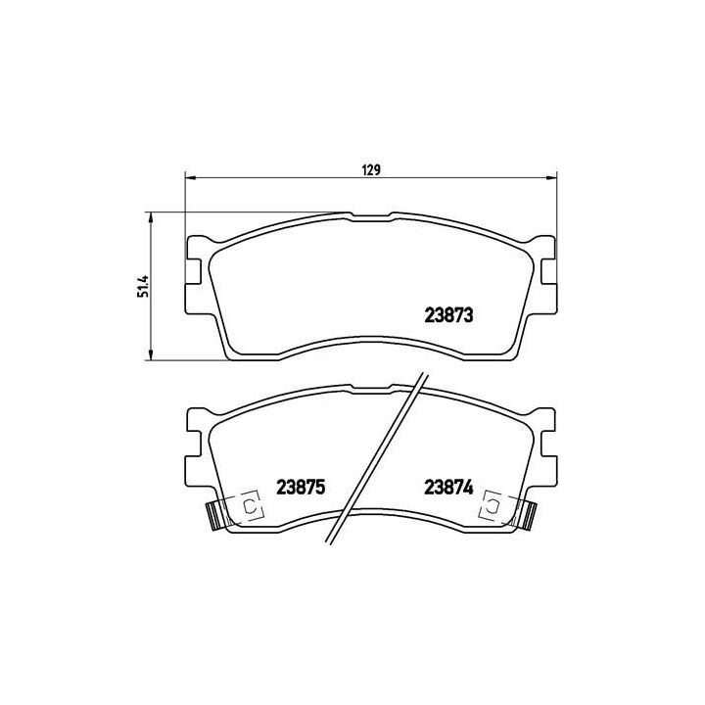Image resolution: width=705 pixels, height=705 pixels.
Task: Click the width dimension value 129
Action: [x=371, y=169]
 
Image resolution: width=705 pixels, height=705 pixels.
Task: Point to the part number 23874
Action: [x=448, y=487]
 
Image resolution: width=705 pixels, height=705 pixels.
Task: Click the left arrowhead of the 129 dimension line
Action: [x=191, y=178]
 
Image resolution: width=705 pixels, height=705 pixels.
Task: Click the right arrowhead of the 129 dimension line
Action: [x=552, y=178]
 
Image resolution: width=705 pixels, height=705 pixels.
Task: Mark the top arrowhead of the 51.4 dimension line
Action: [x=150, y=216]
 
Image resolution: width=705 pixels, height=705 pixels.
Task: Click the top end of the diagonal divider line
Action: [x=423, y=373]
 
